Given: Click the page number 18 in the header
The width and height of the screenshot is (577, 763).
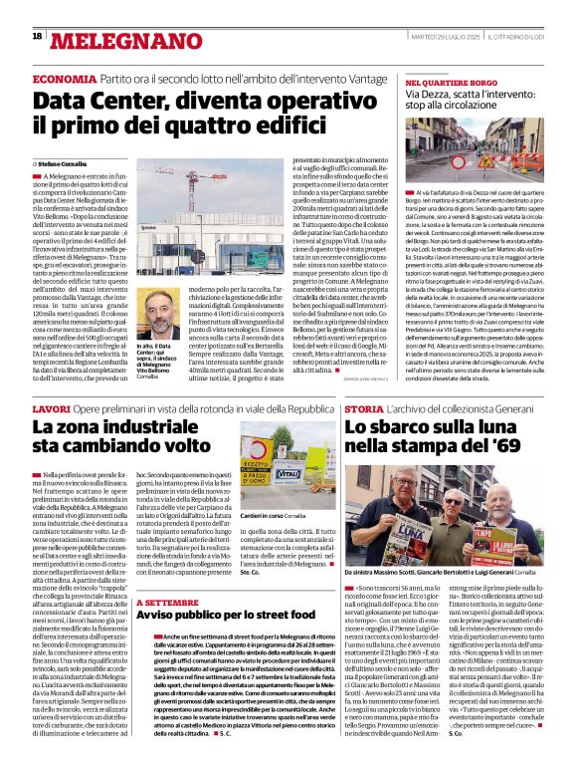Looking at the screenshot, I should (x=37, y=36).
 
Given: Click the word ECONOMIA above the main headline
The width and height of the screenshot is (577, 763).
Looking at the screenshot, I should (x=65, y=78).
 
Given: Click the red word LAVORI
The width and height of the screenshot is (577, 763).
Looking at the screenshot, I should (x=51, y=409).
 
